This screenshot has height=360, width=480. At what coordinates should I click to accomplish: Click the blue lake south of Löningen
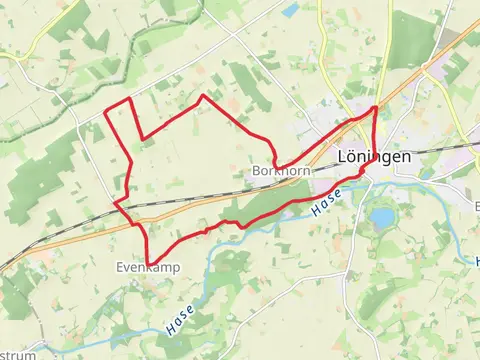point(382,217)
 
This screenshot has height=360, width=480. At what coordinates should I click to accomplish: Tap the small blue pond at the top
point(290,10)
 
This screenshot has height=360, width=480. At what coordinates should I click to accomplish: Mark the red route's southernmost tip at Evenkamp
point(148,264)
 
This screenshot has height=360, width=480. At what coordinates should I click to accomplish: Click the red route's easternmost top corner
point(375,106)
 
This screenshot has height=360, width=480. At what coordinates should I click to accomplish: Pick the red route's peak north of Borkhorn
point(203,96)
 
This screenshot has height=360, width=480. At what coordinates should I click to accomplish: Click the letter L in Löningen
point(342,157)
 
